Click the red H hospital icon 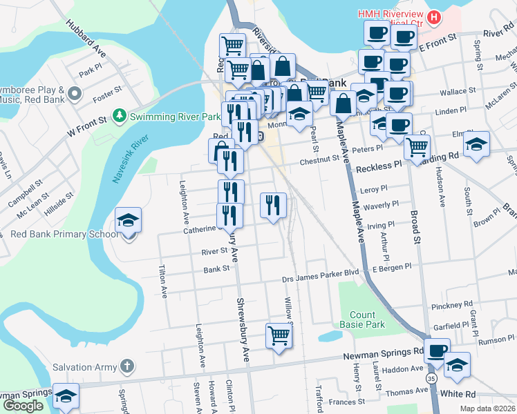pos(434,17)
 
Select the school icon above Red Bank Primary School pos(128,220)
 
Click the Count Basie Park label pos(361,319)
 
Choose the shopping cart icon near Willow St pos(279,336)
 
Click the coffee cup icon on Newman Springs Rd pos(437,351)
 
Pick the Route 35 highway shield pos(432,379)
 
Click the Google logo pos(23,406)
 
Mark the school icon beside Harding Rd pos(476,144)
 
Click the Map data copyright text pos(487,408)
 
